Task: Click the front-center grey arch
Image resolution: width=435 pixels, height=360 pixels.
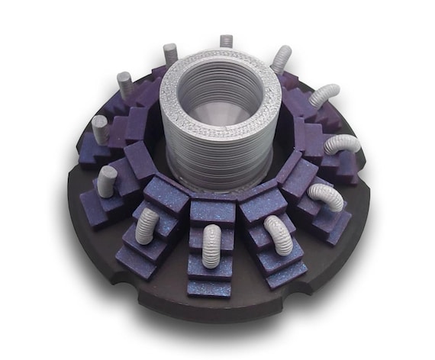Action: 212,245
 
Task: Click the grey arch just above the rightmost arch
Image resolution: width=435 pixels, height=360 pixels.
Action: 324,95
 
